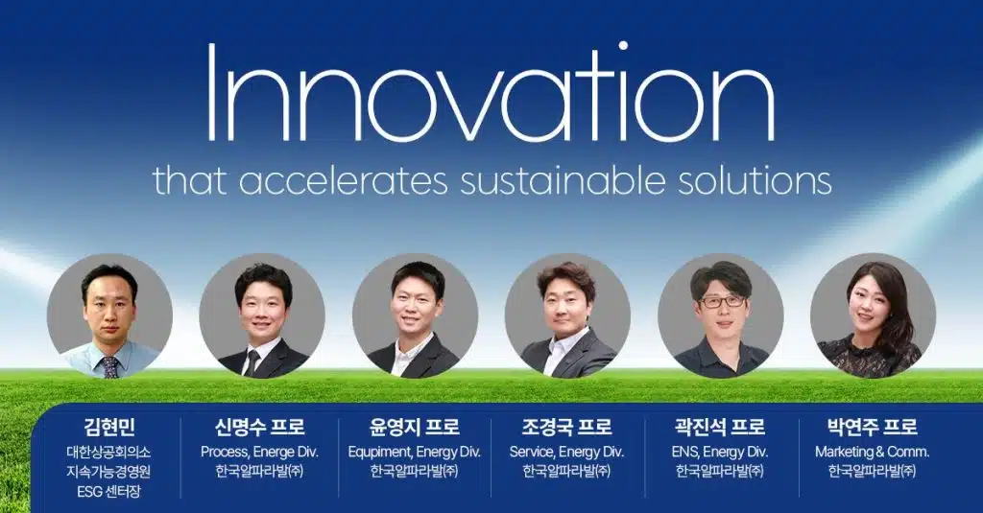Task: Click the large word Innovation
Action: tap(491, 93)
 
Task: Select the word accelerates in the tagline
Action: tap(343, 180)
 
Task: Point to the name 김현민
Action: tap(109, 428)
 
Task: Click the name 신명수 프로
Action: tap(259, 428)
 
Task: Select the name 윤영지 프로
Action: tap(414, 428)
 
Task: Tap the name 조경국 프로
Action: tap(566, 428)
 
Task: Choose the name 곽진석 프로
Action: tap(720, 428)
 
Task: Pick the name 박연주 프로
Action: tap(872, 428)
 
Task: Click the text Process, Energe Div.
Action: tap(259, 453)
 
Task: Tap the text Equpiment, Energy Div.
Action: tap(415, 453)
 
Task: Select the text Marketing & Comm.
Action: tap(872, 453)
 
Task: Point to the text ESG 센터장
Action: tap(108, 492)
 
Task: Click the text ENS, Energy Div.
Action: tap(720, 453)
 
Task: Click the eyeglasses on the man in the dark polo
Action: tap(722, 301)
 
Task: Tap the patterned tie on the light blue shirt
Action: tap(110, 367)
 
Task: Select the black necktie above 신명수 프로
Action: tap(252, 362)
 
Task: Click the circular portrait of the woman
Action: tap(873, 315)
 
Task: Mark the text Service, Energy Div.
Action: tap(566, 453)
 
